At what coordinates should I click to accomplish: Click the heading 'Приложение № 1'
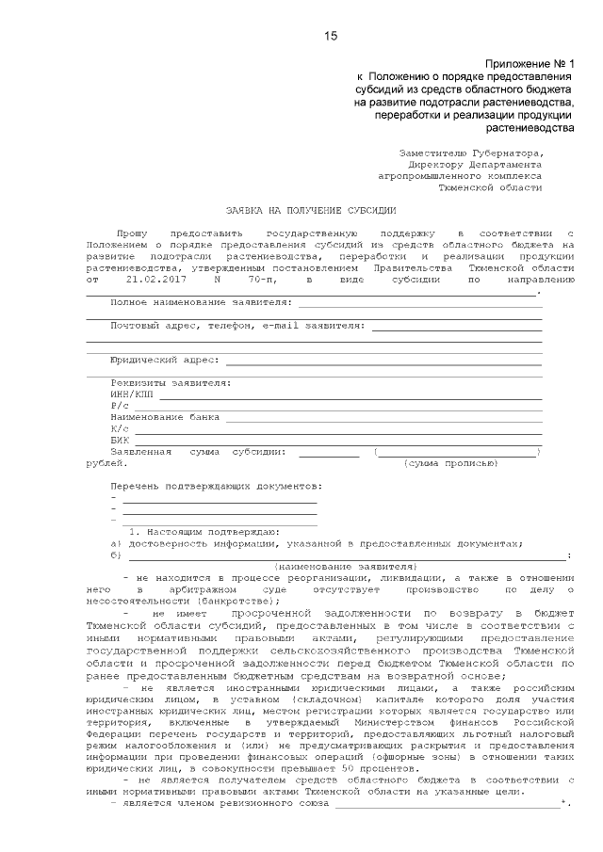click(530, 62)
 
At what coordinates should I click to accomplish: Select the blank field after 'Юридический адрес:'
click(383, 361)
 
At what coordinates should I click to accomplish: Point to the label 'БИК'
click(120, 440)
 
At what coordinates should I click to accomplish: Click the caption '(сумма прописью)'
click(450, 463)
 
